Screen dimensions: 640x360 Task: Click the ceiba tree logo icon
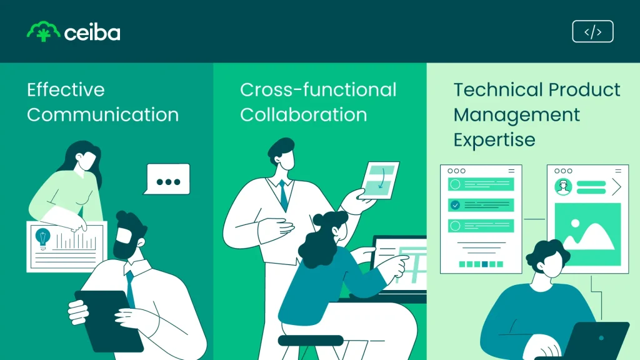(43, 31)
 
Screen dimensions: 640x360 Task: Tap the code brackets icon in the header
(592, 31)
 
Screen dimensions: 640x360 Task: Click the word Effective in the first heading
(66, 90)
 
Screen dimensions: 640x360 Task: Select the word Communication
(103, 115)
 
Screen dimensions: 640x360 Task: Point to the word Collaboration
(304, 115)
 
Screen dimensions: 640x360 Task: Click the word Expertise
(494, 140)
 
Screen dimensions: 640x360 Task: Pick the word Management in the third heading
(517, 115)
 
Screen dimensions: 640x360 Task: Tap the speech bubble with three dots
(167, 179)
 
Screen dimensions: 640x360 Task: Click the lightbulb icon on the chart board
(42, 239)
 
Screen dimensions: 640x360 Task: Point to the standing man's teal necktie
(284, 195)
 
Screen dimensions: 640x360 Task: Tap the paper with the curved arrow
(379, 180)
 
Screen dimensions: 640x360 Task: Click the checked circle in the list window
(455, 205)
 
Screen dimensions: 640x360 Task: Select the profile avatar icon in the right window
(563, 187)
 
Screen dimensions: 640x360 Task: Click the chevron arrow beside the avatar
(616, 187)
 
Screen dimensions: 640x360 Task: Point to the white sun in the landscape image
(575, 223)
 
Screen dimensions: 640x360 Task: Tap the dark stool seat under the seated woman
(311, 341)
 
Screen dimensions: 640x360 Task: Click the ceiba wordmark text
(92, 33)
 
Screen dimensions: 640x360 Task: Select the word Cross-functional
(318, 90)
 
